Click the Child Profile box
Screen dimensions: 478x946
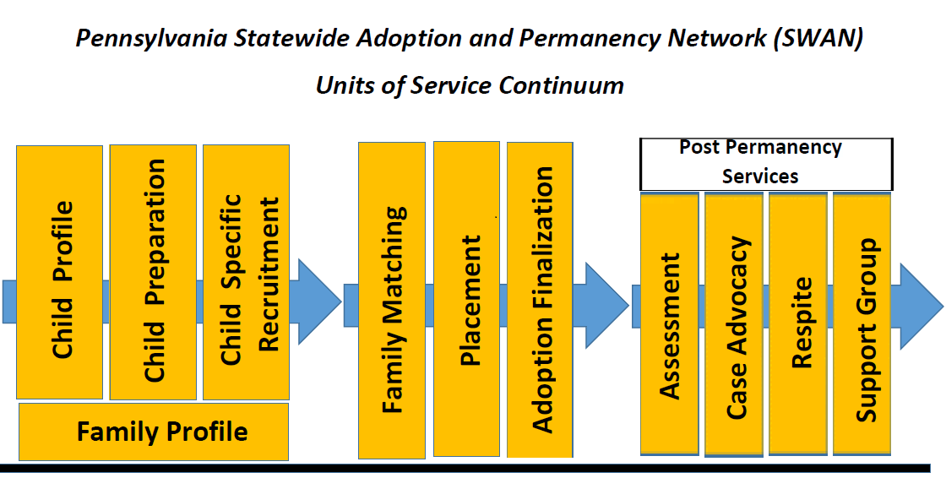[60, 272]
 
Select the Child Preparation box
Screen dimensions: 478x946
[153, 272]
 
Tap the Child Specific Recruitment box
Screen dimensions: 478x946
[247, 272]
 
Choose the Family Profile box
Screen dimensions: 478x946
[154, 432]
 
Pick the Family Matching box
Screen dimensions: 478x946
[392, 300]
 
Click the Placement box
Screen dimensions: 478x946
[466, 298]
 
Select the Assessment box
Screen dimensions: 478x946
[670, 324]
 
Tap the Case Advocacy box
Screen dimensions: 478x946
[734, 324]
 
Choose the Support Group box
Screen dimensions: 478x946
[862, 324]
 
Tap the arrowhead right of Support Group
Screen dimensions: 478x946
[920, 306]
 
